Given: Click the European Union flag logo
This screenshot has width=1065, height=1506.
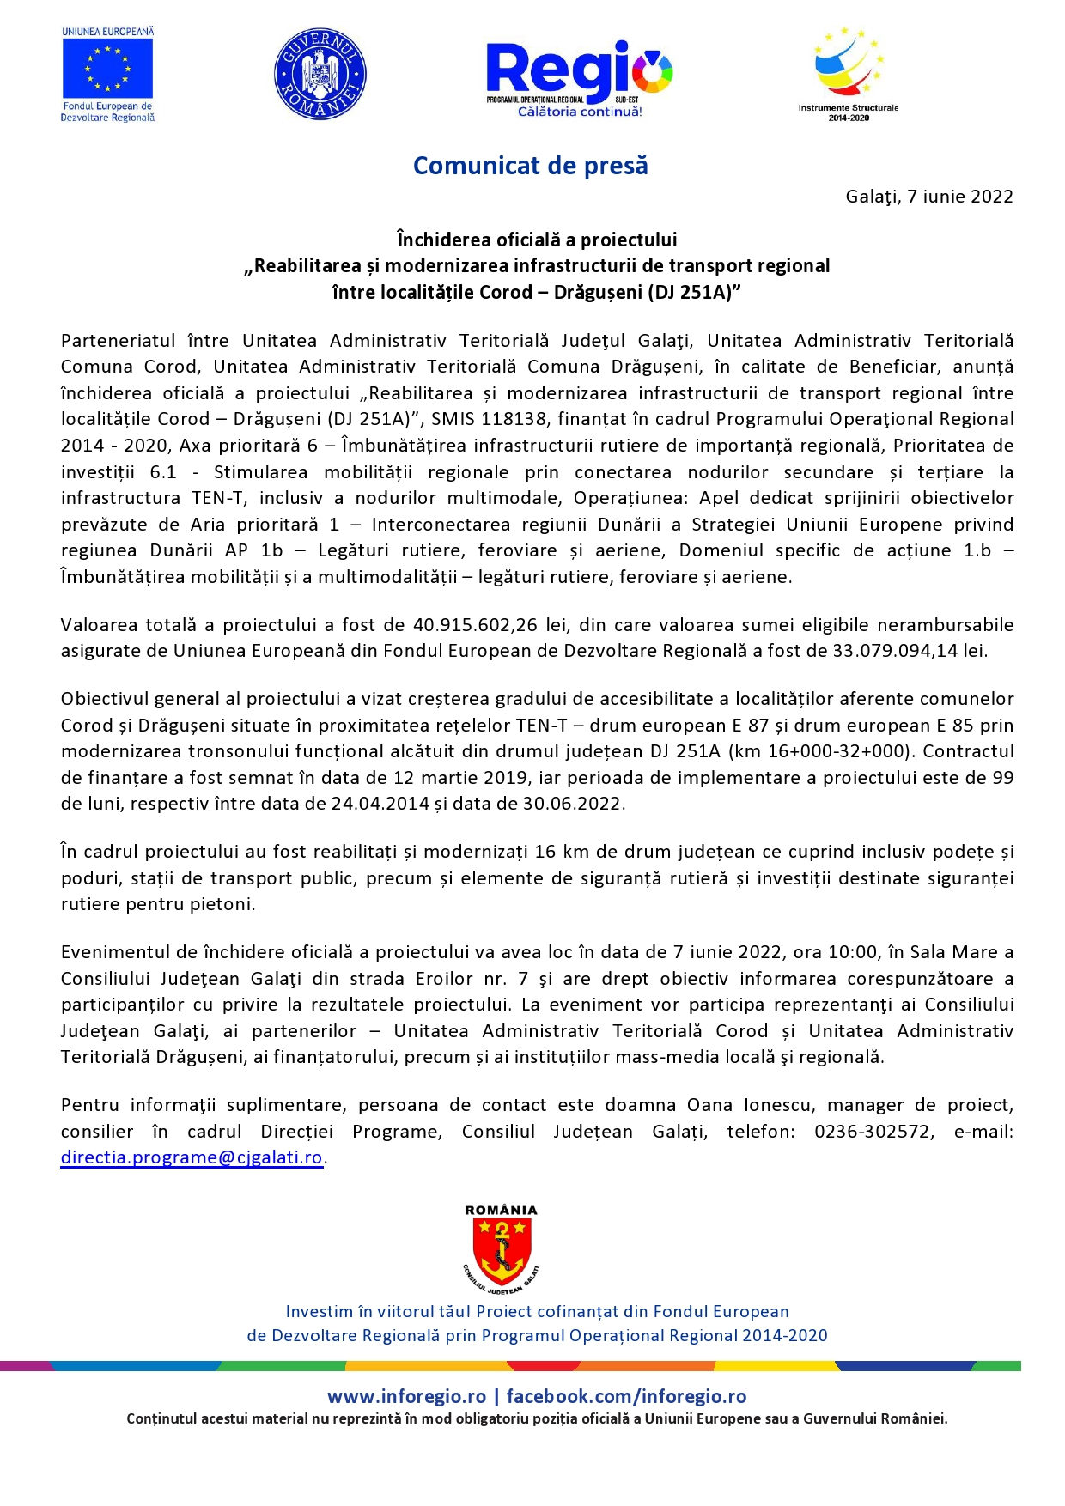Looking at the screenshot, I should tap(107, 69).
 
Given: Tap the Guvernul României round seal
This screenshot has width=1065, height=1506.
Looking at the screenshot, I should tap(319, 73).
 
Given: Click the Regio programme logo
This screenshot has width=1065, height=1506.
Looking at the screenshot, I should tap(579, 77).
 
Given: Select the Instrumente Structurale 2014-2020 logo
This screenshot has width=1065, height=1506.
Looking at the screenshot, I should tap(849, 73).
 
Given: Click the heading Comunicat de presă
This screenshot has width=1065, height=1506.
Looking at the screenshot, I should tap(530, 166).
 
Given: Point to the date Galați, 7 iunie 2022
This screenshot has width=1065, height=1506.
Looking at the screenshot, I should tap(928, 197).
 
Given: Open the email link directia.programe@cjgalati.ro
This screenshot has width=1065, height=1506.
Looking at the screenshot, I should tap(192, 1157).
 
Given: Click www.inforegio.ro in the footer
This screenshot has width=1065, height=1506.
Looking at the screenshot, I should tap(406, 1397).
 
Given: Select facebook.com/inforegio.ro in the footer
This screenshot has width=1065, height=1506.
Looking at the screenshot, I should tap(626, 1397).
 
